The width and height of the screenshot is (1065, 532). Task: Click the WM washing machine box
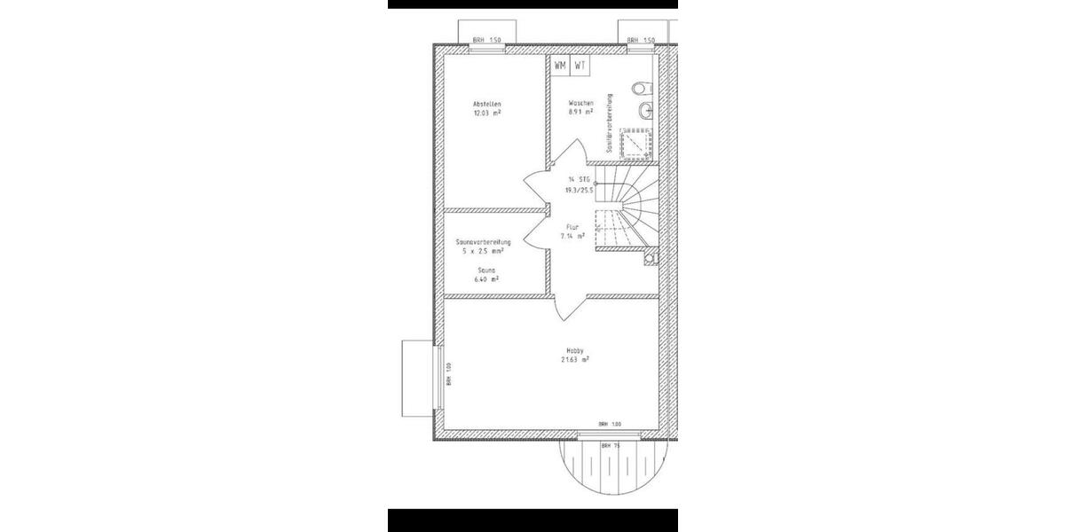[560, 66]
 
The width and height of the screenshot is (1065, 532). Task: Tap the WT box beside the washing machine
[580, 66]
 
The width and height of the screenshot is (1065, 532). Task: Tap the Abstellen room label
[487, 104]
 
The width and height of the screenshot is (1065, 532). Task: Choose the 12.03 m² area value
[487, 113]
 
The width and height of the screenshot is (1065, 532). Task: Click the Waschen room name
[580, 104]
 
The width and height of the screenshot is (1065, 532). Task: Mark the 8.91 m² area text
[580, 113]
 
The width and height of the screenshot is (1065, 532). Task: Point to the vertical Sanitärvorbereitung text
[611, 124]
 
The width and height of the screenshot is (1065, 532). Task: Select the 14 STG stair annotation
[580, 180]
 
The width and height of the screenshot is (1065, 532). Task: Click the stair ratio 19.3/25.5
[580, 190]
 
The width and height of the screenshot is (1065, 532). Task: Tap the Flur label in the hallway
[572, 227]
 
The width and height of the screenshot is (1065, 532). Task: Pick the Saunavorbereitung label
[482, 242]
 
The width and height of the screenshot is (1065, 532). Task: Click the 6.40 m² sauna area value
[485, 278]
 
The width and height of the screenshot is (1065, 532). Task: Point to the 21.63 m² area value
[574, 360]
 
